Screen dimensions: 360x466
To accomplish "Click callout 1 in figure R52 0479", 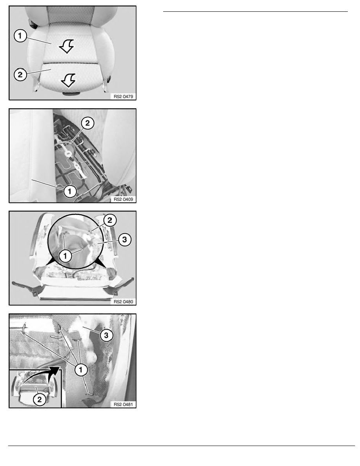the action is coord(20,36).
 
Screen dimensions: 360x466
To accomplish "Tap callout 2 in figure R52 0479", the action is coord(20,74).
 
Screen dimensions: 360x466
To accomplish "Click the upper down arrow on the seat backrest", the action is coord(67,46).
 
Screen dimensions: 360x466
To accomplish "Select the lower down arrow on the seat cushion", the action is coord(69,80).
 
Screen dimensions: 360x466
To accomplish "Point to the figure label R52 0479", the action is coord(123,96).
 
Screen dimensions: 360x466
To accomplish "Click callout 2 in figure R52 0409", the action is coord(87,123).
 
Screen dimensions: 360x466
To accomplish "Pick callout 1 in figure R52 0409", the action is coord(70,191).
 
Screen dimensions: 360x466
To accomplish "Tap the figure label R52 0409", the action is coord(123,199).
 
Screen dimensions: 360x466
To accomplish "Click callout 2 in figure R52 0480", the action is coord(110,220).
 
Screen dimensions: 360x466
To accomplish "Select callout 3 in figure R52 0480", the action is coord(124,240).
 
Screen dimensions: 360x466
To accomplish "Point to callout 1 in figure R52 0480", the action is coord(65,256).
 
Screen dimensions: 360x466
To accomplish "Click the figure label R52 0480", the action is coord(123,302).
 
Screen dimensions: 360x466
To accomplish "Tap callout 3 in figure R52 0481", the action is coord(106,335).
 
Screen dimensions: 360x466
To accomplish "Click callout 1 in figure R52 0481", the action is coord(81,370).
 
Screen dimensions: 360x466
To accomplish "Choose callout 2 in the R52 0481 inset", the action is coord(40,399).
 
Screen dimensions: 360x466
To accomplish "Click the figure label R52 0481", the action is coord(123,404).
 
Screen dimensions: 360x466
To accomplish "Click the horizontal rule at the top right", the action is coord(255,12).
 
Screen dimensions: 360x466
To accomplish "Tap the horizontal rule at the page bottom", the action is coord(182,446).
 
